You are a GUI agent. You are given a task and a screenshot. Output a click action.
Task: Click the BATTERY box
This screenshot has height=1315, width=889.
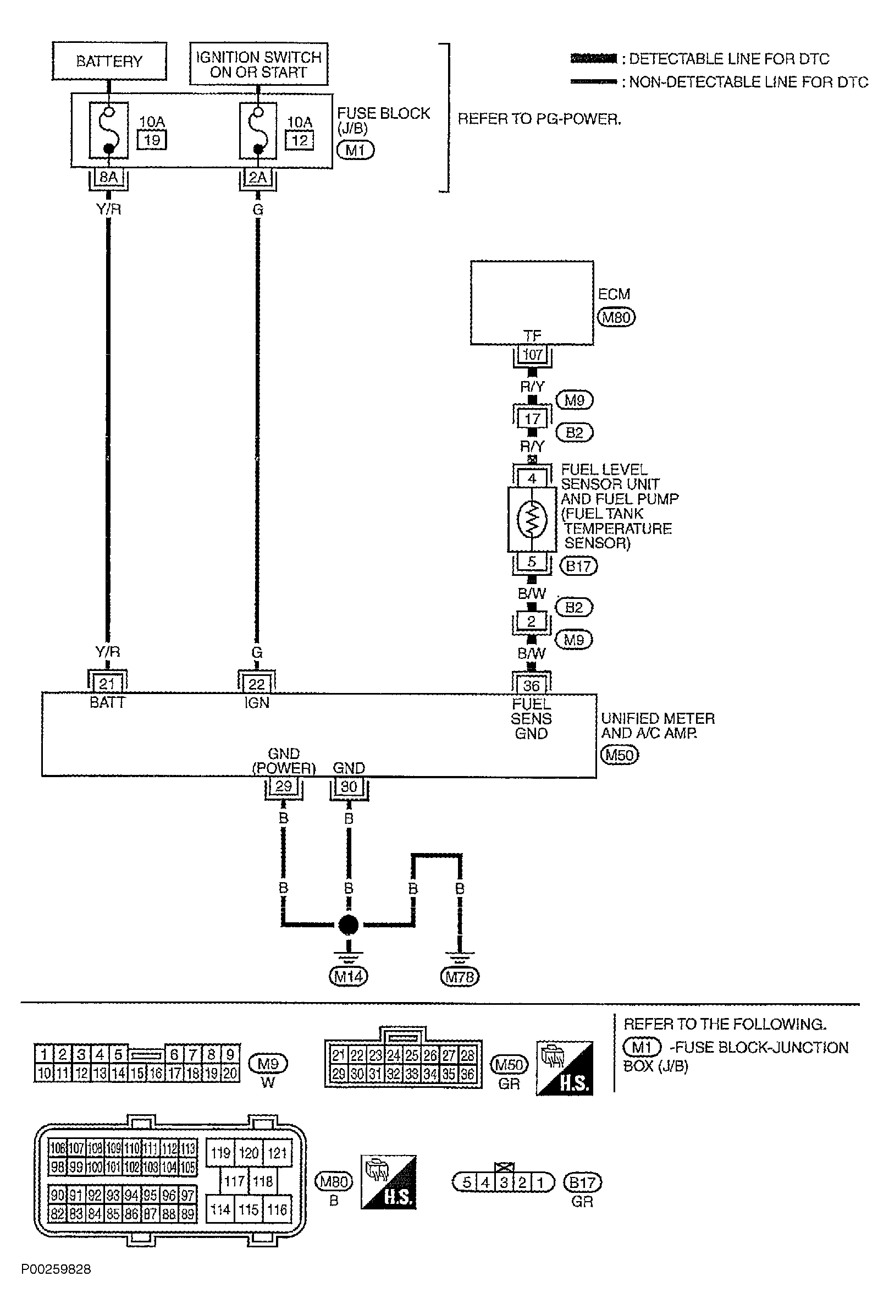[109, 61]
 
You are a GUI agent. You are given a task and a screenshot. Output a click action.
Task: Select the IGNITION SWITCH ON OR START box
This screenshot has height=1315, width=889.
[258, 64]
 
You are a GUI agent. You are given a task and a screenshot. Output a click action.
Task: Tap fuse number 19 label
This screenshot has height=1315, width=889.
[152, 140]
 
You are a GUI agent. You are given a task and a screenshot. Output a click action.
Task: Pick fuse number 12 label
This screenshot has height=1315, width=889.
[300, 140]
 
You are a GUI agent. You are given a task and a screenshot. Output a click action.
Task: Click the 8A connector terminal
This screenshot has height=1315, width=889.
[108, 177]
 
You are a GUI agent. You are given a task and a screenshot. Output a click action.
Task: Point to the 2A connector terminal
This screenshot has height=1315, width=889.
[258, 177]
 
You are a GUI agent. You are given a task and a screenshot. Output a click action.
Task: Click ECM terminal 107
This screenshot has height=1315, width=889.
[532, 355]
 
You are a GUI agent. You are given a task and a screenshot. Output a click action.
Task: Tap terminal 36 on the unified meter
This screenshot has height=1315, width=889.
[531, 686]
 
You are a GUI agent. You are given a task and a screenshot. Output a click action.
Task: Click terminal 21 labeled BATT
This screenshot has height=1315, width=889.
[107, 684]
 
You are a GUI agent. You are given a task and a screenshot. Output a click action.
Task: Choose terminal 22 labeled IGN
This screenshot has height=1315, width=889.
[257, 684]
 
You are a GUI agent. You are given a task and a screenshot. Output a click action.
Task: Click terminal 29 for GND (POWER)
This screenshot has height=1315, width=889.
[283, 786]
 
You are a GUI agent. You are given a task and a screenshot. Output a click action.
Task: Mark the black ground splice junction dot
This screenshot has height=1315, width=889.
[349, 925]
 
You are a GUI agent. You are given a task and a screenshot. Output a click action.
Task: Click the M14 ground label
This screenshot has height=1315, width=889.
[349, 976]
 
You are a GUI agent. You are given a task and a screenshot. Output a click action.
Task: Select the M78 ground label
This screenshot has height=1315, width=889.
[459, 976]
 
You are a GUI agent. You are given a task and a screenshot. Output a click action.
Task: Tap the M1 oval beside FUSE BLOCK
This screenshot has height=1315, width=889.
[356, 150]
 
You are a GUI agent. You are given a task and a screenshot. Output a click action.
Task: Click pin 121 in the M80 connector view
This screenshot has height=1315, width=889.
[277, 1153]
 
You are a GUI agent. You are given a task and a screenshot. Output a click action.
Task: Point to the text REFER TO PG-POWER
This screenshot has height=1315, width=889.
[539, 119]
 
